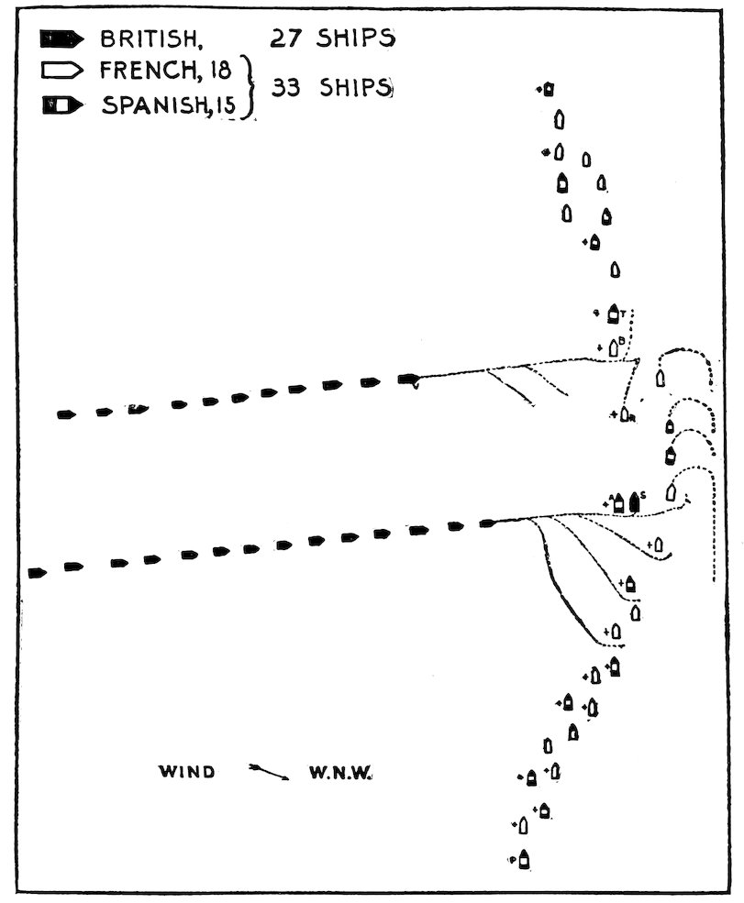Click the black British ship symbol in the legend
pyautogui.click(x=61, y=39)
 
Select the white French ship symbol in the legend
pyautogui.click(x=61, y=72)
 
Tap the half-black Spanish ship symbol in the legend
pyautogui.click(x=61, y=105)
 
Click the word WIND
pyautogui.click(x=188, y=772)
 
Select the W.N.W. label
pyautogui.click(x=339, y=772)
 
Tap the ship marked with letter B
pyautogui.click(x=612, y=347)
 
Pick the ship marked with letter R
pyautogui.click(x=624, y=414)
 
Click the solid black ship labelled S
pyautogui.click(x=634, y=503)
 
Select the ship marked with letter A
pyautogui.click(x=619, y=503)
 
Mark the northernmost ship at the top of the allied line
pyautogui.click(x=549, y=89)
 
